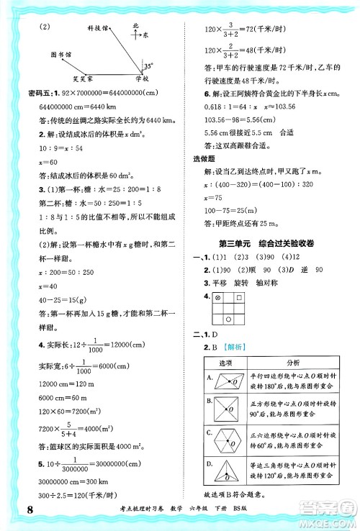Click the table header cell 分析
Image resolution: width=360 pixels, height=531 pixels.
coord(297,361)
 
